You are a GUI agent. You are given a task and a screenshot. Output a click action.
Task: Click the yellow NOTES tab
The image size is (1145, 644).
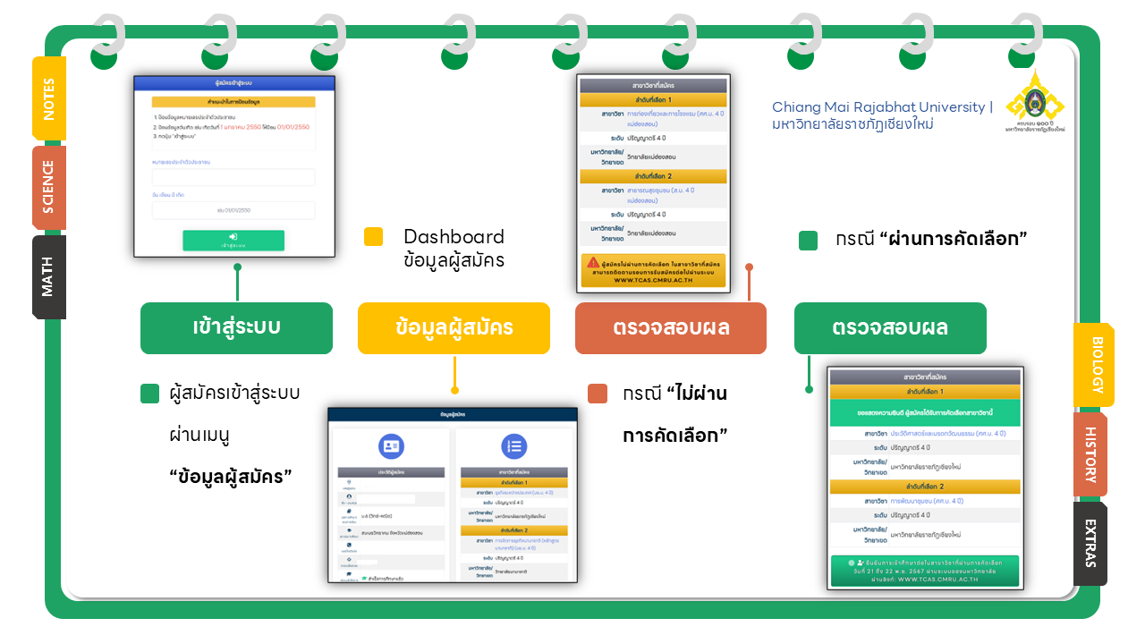48,98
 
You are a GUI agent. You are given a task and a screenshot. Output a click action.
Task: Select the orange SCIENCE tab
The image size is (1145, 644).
48,188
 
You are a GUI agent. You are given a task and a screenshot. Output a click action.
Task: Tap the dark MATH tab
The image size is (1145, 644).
48,276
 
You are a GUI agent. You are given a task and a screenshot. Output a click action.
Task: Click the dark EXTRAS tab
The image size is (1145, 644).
1091,543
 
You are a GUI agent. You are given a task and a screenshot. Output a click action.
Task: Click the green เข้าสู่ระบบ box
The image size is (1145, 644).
236,327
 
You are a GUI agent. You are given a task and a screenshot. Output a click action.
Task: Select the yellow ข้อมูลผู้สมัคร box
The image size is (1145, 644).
454,327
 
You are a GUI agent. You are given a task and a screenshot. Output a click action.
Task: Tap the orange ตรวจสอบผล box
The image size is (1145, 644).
671,327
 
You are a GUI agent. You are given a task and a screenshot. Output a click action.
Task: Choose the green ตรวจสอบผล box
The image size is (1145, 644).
890,327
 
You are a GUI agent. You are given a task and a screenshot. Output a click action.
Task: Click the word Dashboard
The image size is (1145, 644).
454,237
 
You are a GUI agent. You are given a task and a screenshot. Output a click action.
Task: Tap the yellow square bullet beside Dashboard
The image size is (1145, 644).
374,237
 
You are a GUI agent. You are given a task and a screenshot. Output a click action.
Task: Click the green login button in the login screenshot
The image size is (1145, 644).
233,240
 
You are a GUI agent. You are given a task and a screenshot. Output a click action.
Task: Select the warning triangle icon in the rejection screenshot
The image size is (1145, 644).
593,262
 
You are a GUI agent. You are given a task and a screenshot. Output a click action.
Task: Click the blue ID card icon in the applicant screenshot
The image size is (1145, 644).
391,447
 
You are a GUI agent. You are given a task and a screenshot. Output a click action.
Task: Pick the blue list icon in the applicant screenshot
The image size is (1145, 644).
513,447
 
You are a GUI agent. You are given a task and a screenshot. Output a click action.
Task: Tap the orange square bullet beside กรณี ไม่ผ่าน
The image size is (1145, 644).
598,394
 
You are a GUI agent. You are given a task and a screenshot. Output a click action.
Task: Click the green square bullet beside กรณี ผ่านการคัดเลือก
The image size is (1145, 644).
808,241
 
